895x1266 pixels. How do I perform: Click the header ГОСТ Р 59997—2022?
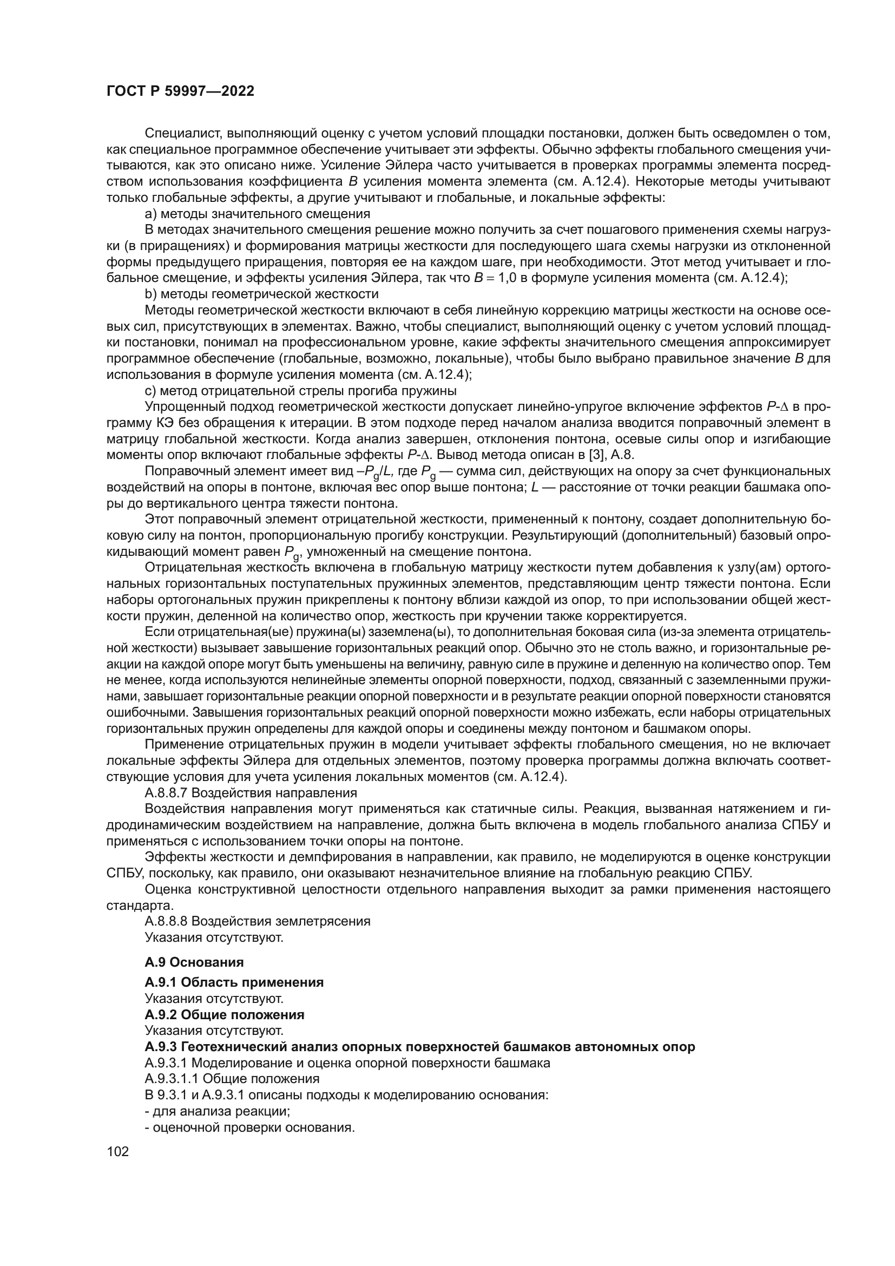pyautogui.click(x=180, y=91)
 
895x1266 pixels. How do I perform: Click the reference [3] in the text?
pyautogui.click(x=598, y=455)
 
